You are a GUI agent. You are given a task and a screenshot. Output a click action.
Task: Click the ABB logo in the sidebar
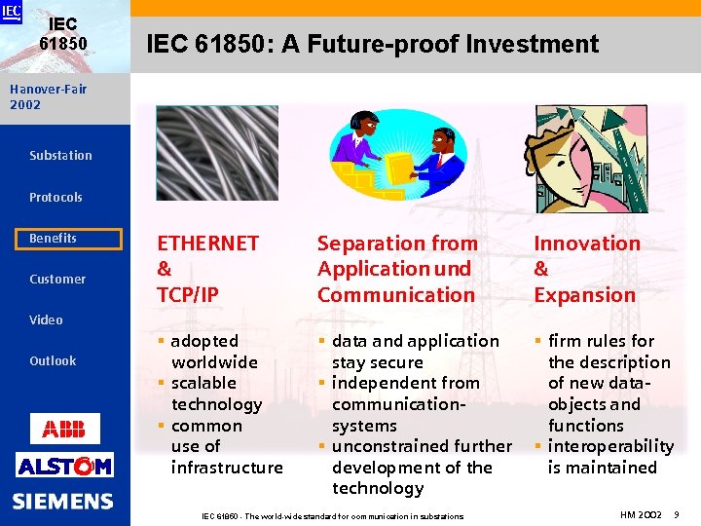64,428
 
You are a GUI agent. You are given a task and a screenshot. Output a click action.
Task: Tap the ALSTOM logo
64,465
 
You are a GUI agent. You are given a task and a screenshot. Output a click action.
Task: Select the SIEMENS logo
63,502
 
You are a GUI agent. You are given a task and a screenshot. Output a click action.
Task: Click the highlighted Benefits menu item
74,239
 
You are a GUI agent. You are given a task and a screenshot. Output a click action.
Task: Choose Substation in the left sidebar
60,155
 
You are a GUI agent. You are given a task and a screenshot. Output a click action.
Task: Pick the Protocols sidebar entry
55,197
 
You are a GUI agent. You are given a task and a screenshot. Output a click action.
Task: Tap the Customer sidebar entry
57,280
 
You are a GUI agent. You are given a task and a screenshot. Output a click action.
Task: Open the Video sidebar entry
46,320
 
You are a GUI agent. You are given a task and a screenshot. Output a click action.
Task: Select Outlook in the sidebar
53,361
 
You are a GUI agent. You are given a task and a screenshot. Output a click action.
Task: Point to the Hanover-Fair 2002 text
48,96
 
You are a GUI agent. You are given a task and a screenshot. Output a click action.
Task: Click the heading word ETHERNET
208,244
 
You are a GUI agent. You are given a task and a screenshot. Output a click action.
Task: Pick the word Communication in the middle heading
396,294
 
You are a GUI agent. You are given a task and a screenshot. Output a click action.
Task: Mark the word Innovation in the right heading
587,244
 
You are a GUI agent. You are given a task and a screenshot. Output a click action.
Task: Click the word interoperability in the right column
610,446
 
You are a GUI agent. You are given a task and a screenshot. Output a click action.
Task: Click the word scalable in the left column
203,383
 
